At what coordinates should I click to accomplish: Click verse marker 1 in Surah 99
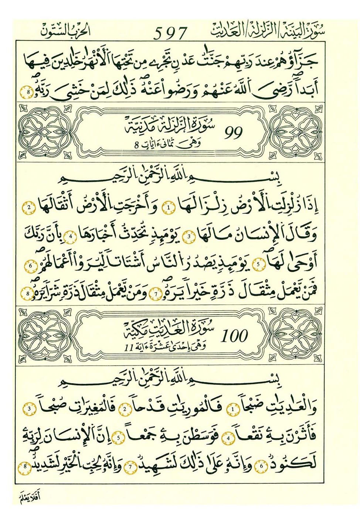pyautogui.click(x=169, y=208)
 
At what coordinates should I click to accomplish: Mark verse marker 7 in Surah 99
pyautogui.click(x=156, y=294)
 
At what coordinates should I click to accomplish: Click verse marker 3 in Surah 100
pyautogui.click(x=30, y=409)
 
